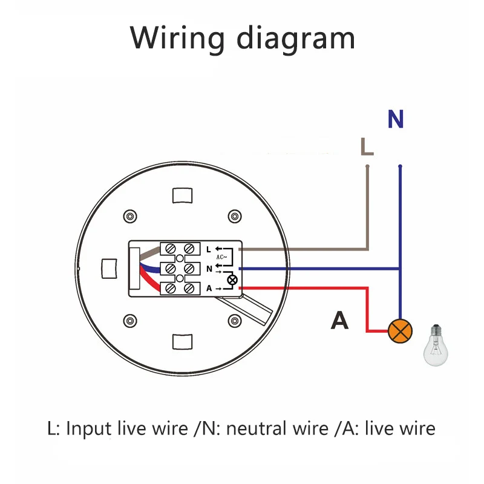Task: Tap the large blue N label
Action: tap(396, 119)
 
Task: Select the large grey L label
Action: tap(367, 146)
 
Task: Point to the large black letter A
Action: tap(340, 321)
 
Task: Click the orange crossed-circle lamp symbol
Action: tap(400, 331)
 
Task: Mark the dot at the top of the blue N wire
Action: tap(400, 166)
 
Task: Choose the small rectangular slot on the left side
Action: tap(110, 269)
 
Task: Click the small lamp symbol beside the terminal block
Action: tap(230, 279)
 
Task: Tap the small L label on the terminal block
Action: tap(209, 249)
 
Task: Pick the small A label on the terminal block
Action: tap(209, 289)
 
